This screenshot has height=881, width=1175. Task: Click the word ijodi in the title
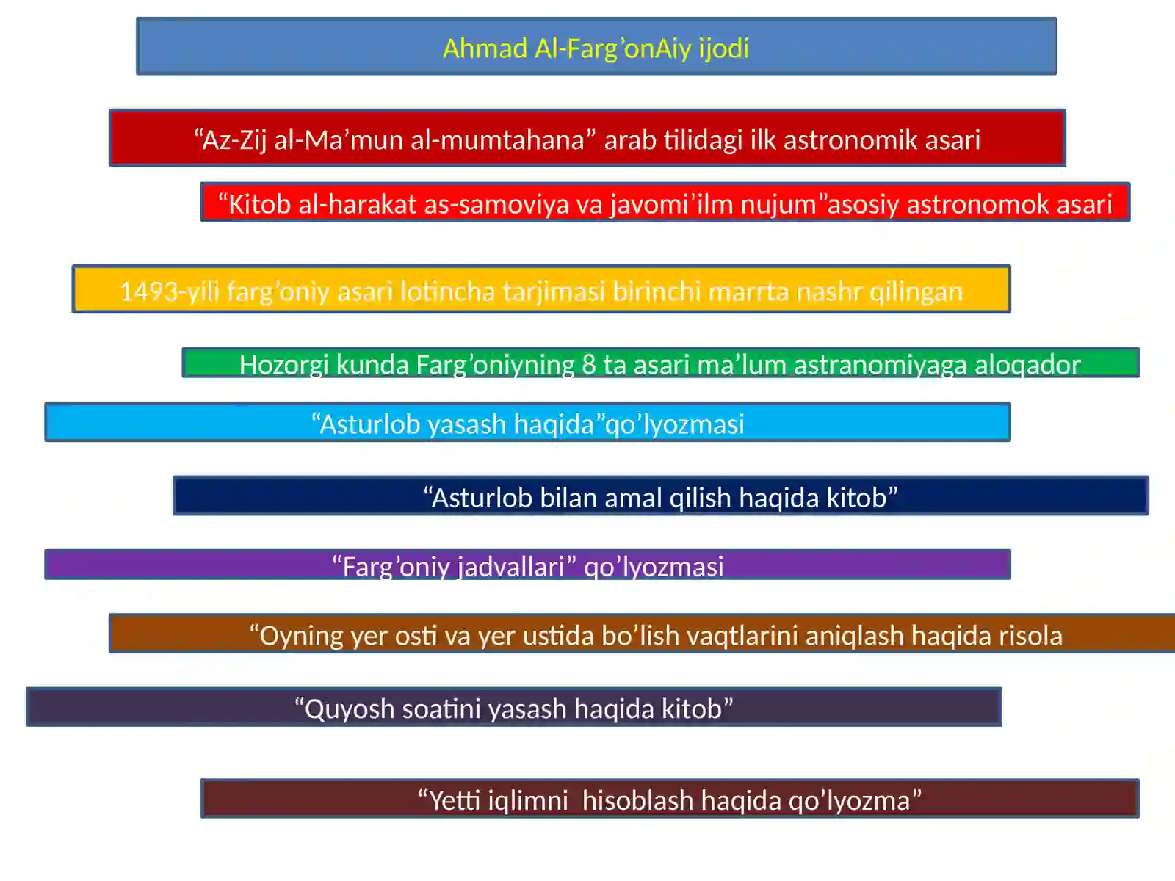click(x=723, y=48)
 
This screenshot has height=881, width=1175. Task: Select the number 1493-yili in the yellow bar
click(x=170, y=291)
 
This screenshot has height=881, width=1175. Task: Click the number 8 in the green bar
click(x=588, y=364)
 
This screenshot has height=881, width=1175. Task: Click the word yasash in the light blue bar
click(x=466, y=424)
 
